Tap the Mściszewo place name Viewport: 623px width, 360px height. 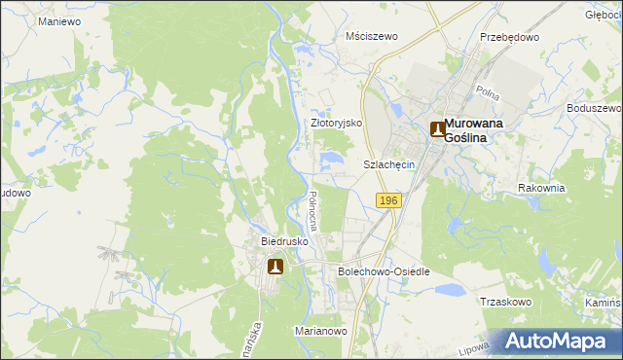373,36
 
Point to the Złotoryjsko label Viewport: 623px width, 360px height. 336,124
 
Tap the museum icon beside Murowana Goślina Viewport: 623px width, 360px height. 437,128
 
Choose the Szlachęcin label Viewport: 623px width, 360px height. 389,164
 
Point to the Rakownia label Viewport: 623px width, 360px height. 541,188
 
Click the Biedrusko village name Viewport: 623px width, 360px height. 284,240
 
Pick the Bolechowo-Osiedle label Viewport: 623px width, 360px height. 383,271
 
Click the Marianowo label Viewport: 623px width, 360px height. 321,331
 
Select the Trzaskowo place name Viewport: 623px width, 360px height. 505,302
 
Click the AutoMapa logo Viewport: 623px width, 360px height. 562,341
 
